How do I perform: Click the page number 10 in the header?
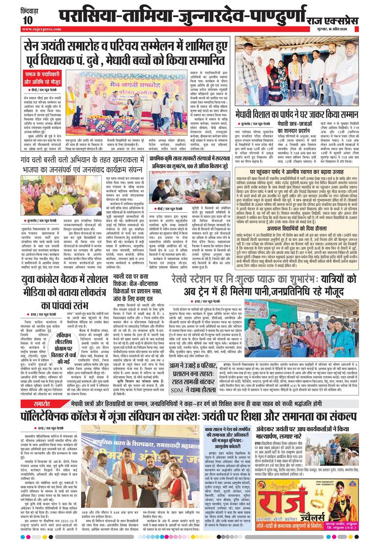coord(26,19)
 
